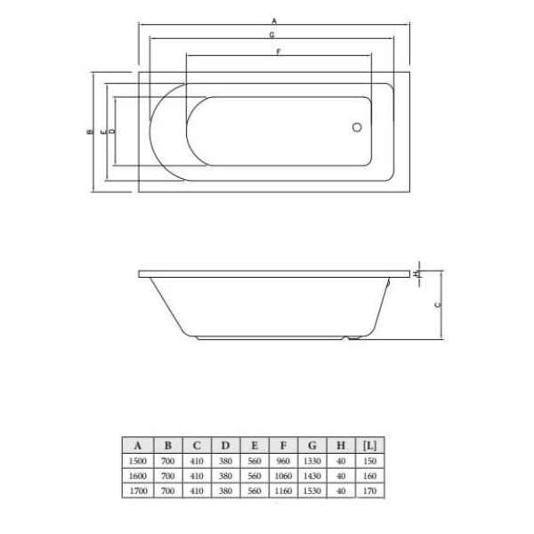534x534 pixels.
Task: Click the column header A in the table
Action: pos(137,446)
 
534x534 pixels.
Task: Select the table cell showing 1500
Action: pos(137,462)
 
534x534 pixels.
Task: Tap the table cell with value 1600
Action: pos(137,476)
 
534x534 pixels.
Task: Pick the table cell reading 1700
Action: pos(137,490)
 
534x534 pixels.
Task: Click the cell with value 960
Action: pos(283,462)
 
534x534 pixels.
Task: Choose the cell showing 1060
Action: pos(283,476)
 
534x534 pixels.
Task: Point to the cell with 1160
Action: pos(283,490)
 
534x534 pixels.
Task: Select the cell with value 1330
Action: pos(312,462)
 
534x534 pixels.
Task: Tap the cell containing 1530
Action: pos(312,490)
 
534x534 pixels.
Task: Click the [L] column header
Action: pos(370,446)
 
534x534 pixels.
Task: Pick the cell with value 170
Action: pos(370,490)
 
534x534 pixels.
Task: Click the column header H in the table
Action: pos(341,446)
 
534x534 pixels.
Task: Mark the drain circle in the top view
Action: pos(357,128)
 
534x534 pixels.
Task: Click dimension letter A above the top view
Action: pos(273,20)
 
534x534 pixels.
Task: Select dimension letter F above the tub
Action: pos(279,53)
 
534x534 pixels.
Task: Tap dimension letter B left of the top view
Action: pos(89,132)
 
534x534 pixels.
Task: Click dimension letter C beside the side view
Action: pos(436,305)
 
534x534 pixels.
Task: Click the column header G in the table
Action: pos(312,446)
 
